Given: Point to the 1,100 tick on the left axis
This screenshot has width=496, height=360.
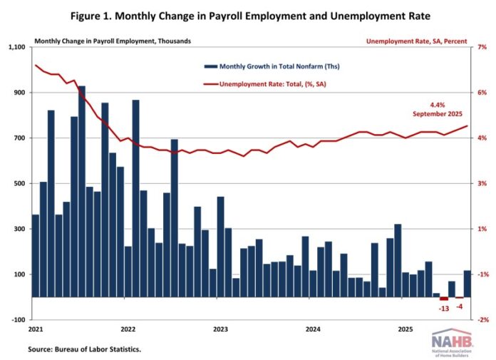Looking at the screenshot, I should (x=16, y=48).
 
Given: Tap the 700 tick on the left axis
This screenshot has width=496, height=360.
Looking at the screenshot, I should (x=19, y=138).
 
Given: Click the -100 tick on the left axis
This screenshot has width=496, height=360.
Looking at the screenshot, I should (x=17, y=320).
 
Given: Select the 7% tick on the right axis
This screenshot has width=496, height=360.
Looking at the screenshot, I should (x=482, y=48).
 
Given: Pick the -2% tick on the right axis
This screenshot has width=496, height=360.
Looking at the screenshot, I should (x=482, y=320).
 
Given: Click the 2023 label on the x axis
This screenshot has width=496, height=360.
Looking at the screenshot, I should (x=220, y=329).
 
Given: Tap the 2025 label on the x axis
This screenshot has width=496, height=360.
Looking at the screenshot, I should (x=405, y=329).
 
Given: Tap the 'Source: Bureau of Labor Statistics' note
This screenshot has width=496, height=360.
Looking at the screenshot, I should (x=85, y=350).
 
